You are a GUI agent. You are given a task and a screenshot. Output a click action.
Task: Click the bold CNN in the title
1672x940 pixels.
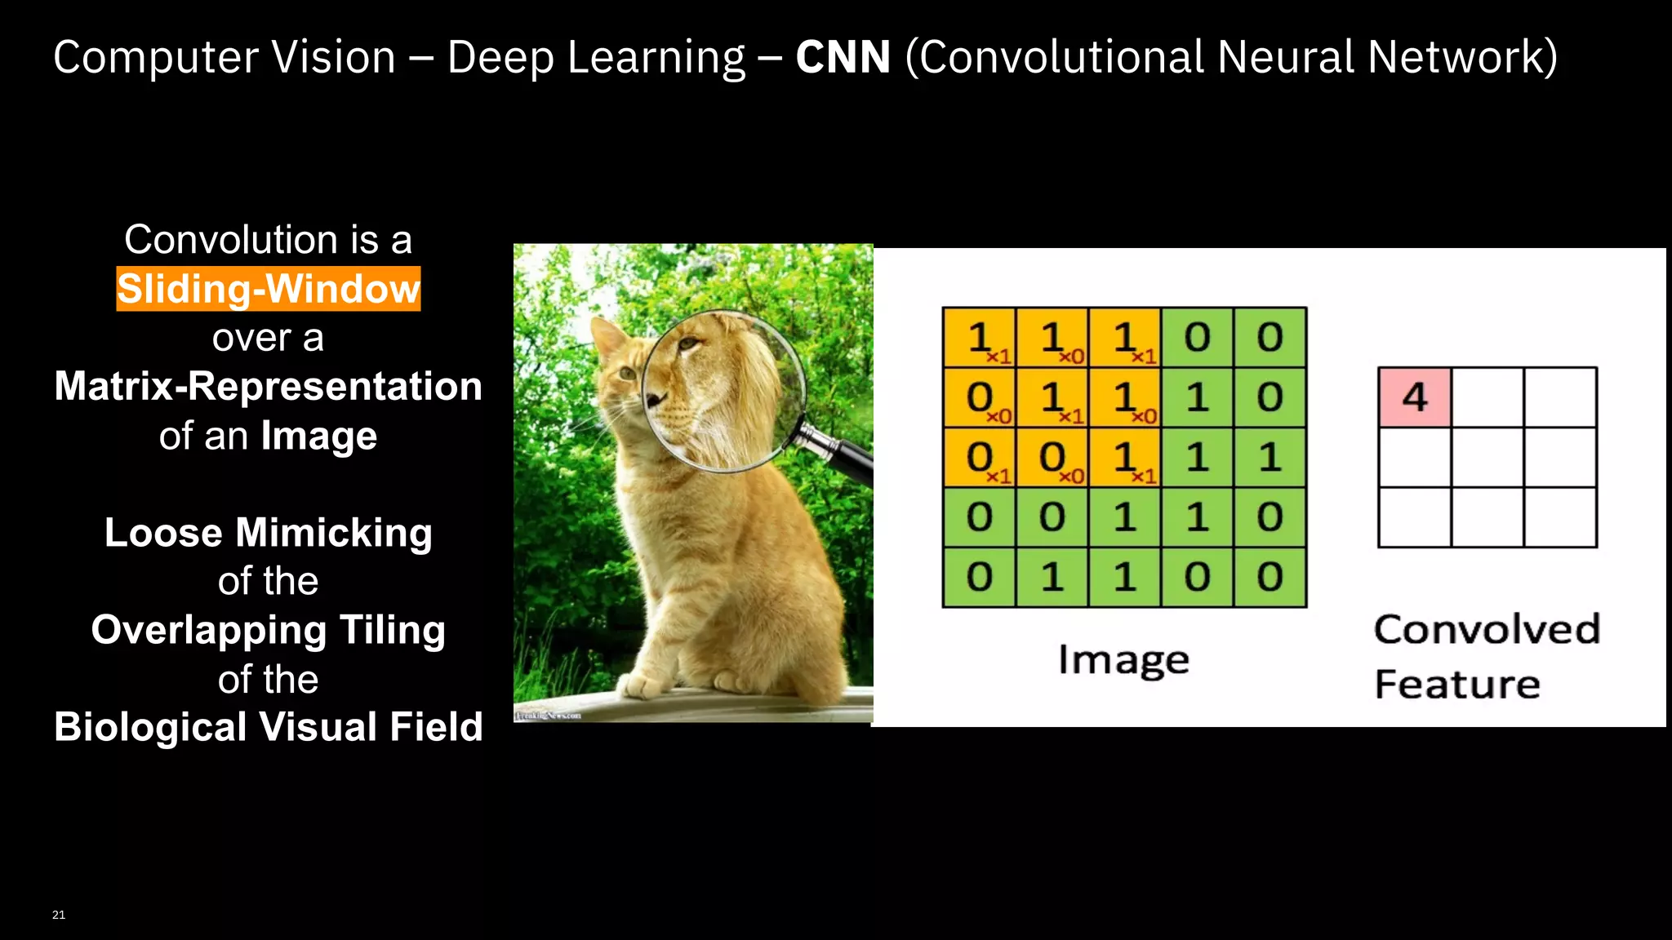[x=843, y=57]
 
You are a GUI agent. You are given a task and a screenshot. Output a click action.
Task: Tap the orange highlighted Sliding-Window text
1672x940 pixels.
[x=269, y=289]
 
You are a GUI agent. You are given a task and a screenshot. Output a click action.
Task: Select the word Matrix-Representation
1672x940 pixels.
[x=269, y=386]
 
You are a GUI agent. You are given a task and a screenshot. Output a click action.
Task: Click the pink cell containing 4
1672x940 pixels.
[x=1415, y=397]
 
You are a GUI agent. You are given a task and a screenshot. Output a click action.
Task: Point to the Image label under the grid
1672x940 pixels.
[x=1123, y=660]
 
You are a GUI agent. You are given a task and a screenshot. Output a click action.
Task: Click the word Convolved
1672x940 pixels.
[x=1487, y=629]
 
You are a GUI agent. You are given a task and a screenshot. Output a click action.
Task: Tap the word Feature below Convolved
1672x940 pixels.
[x=1457, y=684]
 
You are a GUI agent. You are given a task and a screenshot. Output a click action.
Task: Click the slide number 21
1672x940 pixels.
[x=59, y=915]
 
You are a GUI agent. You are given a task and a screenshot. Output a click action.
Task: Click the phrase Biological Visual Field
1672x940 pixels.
[x=269, y=727]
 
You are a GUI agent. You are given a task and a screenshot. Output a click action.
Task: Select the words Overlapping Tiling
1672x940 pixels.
[x=269, y=630]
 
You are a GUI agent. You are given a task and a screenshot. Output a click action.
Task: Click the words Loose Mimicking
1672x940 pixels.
[x=269, y=533]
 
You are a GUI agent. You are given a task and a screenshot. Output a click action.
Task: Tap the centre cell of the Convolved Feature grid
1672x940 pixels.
[x=1487, y=458]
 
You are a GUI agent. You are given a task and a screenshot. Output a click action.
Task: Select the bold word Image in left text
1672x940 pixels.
[x=319, y=436]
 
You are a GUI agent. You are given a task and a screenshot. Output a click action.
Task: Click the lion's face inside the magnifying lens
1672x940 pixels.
[x=710, y=384]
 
